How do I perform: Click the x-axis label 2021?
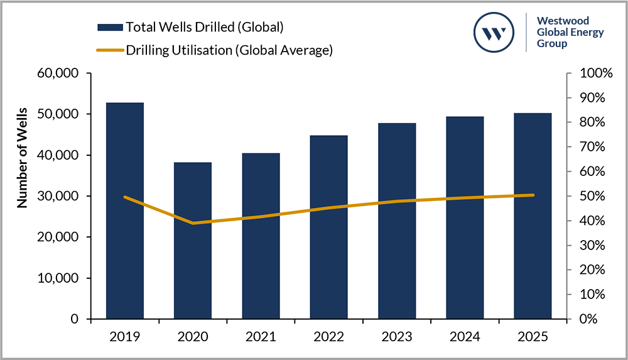261,337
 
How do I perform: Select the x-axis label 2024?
464,337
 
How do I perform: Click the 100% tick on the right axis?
593,74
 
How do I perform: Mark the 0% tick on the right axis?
587,319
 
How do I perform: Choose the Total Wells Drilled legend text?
205,27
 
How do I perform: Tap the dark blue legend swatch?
110,27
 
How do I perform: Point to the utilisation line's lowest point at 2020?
193,223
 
